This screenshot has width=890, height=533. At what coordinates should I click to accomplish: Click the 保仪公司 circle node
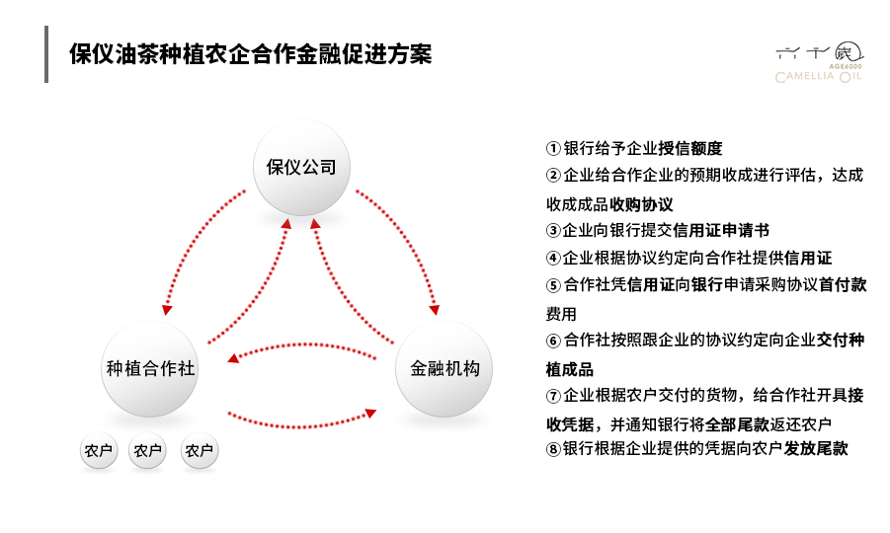301,167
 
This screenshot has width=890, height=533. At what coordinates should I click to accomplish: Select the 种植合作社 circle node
150,368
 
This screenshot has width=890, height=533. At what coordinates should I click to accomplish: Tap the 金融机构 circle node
444,368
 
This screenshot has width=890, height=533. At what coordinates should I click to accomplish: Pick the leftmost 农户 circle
99,451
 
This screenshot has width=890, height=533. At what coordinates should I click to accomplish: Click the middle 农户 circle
147,451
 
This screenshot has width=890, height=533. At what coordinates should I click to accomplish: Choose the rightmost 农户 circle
200,451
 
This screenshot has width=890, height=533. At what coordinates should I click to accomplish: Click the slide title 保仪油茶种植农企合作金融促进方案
250,54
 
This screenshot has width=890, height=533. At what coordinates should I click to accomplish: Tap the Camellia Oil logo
819,62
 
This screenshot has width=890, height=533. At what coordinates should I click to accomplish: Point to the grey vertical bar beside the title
46,54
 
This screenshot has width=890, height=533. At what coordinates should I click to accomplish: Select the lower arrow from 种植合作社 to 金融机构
301,425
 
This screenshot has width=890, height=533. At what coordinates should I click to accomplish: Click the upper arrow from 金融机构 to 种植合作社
301,344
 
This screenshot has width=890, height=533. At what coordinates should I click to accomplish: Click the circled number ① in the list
553,149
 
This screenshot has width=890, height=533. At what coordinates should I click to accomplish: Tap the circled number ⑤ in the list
553,285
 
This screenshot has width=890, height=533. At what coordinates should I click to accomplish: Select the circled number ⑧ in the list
553,449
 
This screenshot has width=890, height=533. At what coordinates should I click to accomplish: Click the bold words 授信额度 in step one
690,149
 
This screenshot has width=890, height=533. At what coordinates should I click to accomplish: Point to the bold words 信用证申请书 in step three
721,230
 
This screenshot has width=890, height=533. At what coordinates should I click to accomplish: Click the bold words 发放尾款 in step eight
816,448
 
